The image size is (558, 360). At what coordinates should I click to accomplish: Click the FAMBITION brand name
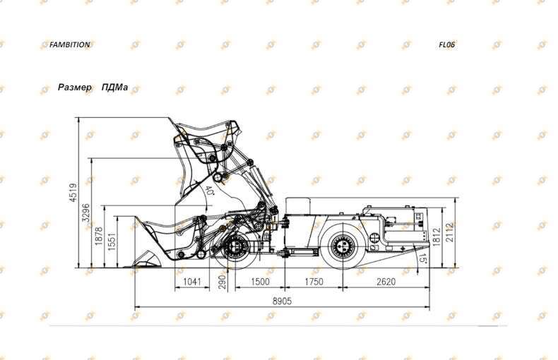(x=69, y=44)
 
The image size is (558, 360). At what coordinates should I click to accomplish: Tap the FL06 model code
(x=446, y=44)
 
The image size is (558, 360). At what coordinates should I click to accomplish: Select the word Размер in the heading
(x=75, y=87)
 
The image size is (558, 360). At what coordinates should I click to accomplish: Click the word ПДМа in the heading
(x=114, y=87)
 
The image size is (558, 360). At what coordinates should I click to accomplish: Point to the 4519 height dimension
(x=73, y=193)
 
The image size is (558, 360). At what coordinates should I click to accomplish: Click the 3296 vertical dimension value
(x=85, y=212)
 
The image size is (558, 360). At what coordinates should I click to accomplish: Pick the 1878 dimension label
(x=99, y=236)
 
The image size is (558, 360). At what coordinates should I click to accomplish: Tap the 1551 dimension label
(x=112, y=242)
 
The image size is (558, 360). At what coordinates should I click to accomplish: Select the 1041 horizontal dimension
(x=192, y=282)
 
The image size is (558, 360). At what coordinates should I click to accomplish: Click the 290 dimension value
(x=222, y=282)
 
